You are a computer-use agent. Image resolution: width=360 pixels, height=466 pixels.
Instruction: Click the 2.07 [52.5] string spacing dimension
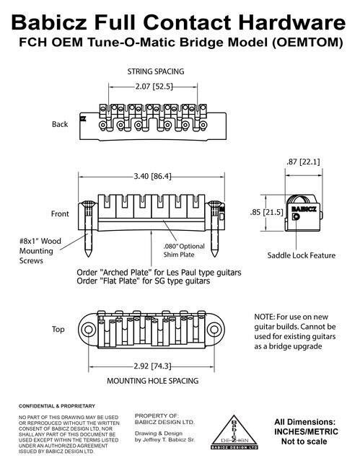click(x=154, y=87)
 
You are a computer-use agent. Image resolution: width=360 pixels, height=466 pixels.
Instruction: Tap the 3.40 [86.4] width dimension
click(x=152, y=176)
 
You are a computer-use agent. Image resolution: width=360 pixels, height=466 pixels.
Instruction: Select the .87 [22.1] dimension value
click(x=303, y=162)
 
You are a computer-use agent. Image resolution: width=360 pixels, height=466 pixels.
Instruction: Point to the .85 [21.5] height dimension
click(x=267, y=212)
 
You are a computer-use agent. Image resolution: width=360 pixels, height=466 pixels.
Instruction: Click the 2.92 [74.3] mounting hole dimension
click(x=152, y=366)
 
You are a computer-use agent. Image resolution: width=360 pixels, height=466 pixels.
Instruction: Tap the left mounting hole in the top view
click(x=88, y=330)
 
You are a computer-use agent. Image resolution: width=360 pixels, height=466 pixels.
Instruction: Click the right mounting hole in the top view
click(x=214, y=330)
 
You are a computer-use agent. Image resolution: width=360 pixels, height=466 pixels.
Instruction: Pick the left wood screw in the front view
click(x=88, y=228)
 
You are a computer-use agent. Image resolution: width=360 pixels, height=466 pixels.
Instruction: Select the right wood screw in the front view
click(x=214, y=228)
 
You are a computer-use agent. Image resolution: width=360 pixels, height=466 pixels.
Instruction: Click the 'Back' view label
click(x=60, y=124)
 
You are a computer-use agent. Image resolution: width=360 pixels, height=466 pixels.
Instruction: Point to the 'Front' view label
click(x=60, y=214)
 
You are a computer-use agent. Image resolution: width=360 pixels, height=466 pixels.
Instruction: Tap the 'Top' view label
click(x=58, y=329)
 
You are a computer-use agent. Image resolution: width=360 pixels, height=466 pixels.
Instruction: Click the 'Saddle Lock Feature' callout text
click(x=301, y=255)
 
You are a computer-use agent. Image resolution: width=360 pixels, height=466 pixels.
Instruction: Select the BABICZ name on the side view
click(x=304, y=209)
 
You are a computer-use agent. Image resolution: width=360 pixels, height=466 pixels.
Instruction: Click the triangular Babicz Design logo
click(x=234, y=432)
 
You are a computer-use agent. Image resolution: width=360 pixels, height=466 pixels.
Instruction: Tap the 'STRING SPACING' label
click(x=156, y=71)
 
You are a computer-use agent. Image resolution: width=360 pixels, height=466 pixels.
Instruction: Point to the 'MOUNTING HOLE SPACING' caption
click(x=153, y=381)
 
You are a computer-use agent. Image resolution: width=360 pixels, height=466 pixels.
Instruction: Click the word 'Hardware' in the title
click(x=292, y=22)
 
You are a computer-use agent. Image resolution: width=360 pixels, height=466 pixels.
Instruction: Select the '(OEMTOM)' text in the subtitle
click(x=307, y=43)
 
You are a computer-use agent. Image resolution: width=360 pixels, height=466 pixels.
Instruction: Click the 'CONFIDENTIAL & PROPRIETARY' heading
click(x=57, y=406)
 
